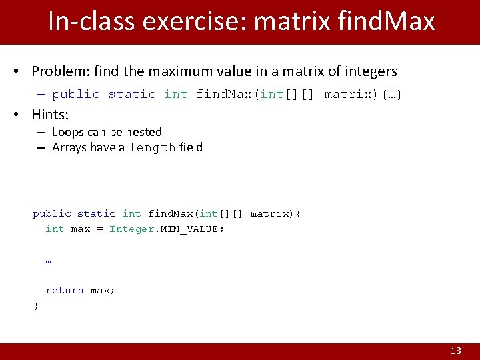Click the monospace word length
(x=152, y=147)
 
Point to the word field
(x=191, y=147)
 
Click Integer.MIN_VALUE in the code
(x=167, y=229)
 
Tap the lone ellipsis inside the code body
(x=49, y=260)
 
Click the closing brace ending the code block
(x=36, y=305)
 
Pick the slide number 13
(x=456, y=351)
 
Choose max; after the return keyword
(x=103, y=290)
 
